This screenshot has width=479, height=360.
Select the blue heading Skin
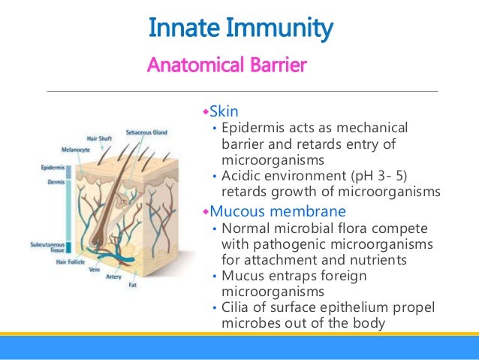tap(224, 112)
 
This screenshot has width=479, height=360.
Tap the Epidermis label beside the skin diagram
tap(51, 168)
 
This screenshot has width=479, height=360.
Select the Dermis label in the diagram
tap(51, 181)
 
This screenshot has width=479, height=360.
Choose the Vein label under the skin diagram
tap(94, 269)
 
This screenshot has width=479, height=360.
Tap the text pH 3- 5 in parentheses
tap(380, 177)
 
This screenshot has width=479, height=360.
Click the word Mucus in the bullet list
tap(239, 277)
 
